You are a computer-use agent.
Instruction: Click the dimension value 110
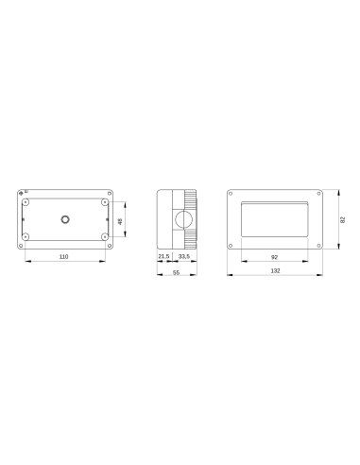pos(64,257)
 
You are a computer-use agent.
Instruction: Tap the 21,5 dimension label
pos(163,256)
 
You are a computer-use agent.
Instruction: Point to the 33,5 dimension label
pos(182,256)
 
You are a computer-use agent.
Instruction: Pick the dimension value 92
pos(275,257)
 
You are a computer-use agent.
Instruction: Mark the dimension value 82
pos(344,219)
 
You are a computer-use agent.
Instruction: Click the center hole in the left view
pos(64,220)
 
